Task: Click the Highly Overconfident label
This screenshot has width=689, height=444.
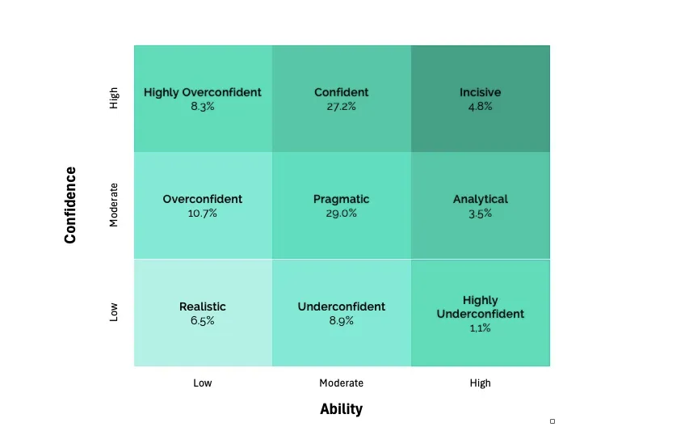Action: pyautogui.click(x=203, y=92)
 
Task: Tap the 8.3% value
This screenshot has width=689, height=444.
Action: pyautogui.click(x=203, y=107)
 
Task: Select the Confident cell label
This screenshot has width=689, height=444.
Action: pyautogui.click(x=342, y=92)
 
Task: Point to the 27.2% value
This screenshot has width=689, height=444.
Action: pyautogui.click(x=342, y=107)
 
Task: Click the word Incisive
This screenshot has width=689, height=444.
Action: pyautogui.click(x=480, y=92)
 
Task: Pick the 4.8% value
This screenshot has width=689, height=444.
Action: pyautogui.click(x=480, y=107)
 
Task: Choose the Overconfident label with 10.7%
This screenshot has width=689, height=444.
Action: pyautogui.click(x=203, y=199)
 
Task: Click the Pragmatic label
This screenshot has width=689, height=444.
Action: pyautogui.click(x=342, y=199)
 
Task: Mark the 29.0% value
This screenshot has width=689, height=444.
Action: pyautogui.click(x=342, y=214)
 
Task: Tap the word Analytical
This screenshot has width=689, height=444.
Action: pyautogui.click(x=480, y=199)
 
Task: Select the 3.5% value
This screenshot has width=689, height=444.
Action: pyautogui.click(x=480, y=214)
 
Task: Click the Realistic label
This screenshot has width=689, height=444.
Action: pyautogui.click(x=203, y=307)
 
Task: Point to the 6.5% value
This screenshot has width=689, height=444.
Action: pyautogui.click(x=203, y=321)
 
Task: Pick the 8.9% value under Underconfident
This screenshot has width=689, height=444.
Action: pyautogui.click(x=342, y=321)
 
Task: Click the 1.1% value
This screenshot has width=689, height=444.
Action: pyautogui.click(x=480, y=328)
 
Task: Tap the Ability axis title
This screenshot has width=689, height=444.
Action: pyautogui.click(x=342, y=409)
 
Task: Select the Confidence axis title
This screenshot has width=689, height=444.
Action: pyautogui.click(x=71, y=205)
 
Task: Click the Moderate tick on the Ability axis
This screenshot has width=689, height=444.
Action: pyautogui.click(x=342, y=383)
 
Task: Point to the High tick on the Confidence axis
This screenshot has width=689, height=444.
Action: pyautogui.click(x=114, y=99)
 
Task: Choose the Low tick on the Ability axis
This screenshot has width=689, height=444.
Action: pyautogui.click(x=203, y=383)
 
